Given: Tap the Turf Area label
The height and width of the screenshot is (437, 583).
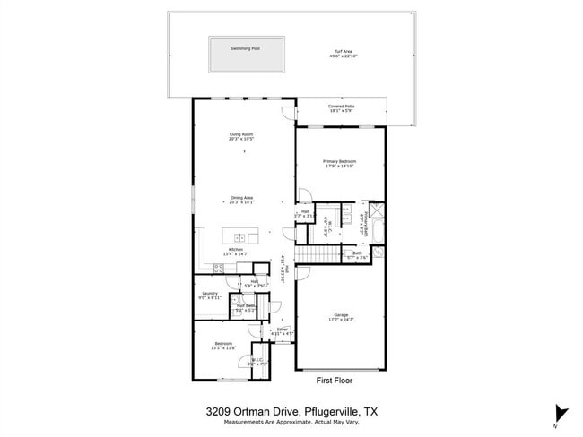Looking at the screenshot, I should click(x=334, y=51).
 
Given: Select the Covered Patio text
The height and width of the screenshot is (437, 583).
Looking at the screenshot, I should click(x=341, y=107).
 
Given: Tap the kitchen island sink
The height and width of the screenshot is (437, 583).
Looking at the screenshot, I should click(x=240, y=237).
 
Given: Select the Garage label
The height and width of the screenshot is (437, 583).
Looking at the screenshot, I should click(x=341, y=315).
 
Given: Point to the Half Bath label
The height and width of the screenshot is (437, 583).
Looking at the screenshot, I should click(x=245, y=305).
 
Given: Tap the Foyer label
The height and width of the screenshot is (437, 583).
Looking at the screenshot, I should click(x=283, y=330).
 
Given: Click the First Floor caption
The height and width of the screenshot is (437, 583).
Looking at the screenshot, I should click(x=335, y=380).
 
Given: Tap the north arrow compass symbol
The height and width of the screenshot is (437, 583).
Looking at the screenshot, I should click(x=561, y=412).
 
